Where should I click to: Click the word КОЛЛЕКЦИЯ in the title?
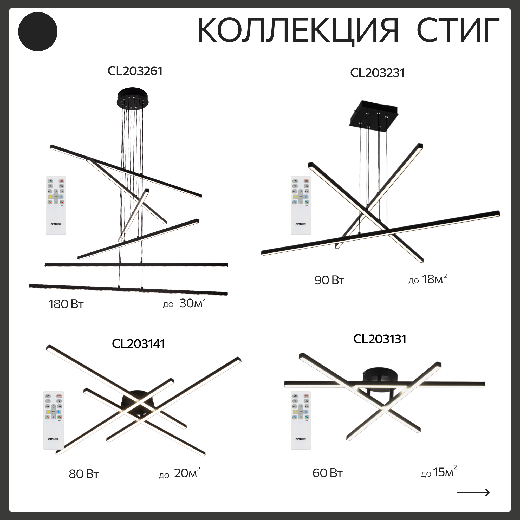297,30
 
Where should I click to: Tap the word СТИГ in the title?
458,30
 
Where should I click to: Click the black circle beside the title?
38,31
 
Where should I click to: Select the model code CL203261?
135,71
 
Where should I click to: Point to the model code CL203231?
377,73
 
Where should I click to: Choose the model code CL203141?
138,344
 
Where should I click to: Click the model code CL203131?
380,339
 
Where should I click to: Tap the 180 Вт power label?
66,304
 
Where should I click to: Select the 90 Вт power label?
329,281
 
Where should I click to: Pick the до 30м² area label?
184,303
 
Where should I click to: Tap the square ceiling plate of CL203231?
374,114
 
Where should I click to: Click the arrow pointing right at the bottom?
473,492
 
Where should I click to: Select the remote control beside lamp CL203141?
54,420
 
